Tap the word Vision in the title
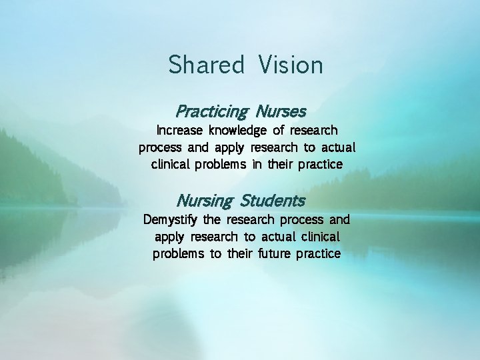[x=291, y=65]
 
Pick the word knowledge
[x=238, y=130]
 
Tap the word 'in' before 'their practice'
[x=257, y=165]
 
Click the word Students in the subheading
[x=273, y=200]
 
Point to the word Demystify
[x=171, y=219]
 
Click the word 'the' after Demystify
[x=211, y=219]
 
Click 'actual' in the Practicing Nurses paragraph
[x=340, y=147]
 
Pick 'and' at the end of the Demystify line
[x=339, y=219]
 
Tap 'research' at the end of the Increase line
[x=313, y=130]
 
